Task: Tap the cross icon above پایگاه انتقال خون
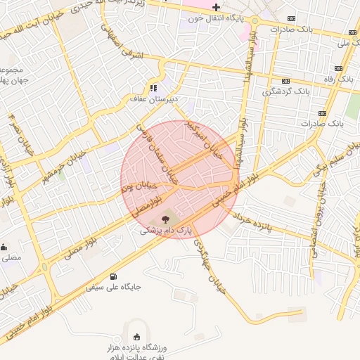pos(216,7)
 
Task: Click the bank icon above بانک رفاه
pos(339,68)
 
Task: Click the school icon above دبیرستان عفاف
pos(153,89)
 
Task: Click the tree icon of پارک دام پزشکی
pos(165,219)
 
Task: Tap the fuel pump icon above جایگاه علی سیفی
pos(114,276)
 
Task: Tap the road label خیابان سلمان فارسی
pos(154,146)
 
